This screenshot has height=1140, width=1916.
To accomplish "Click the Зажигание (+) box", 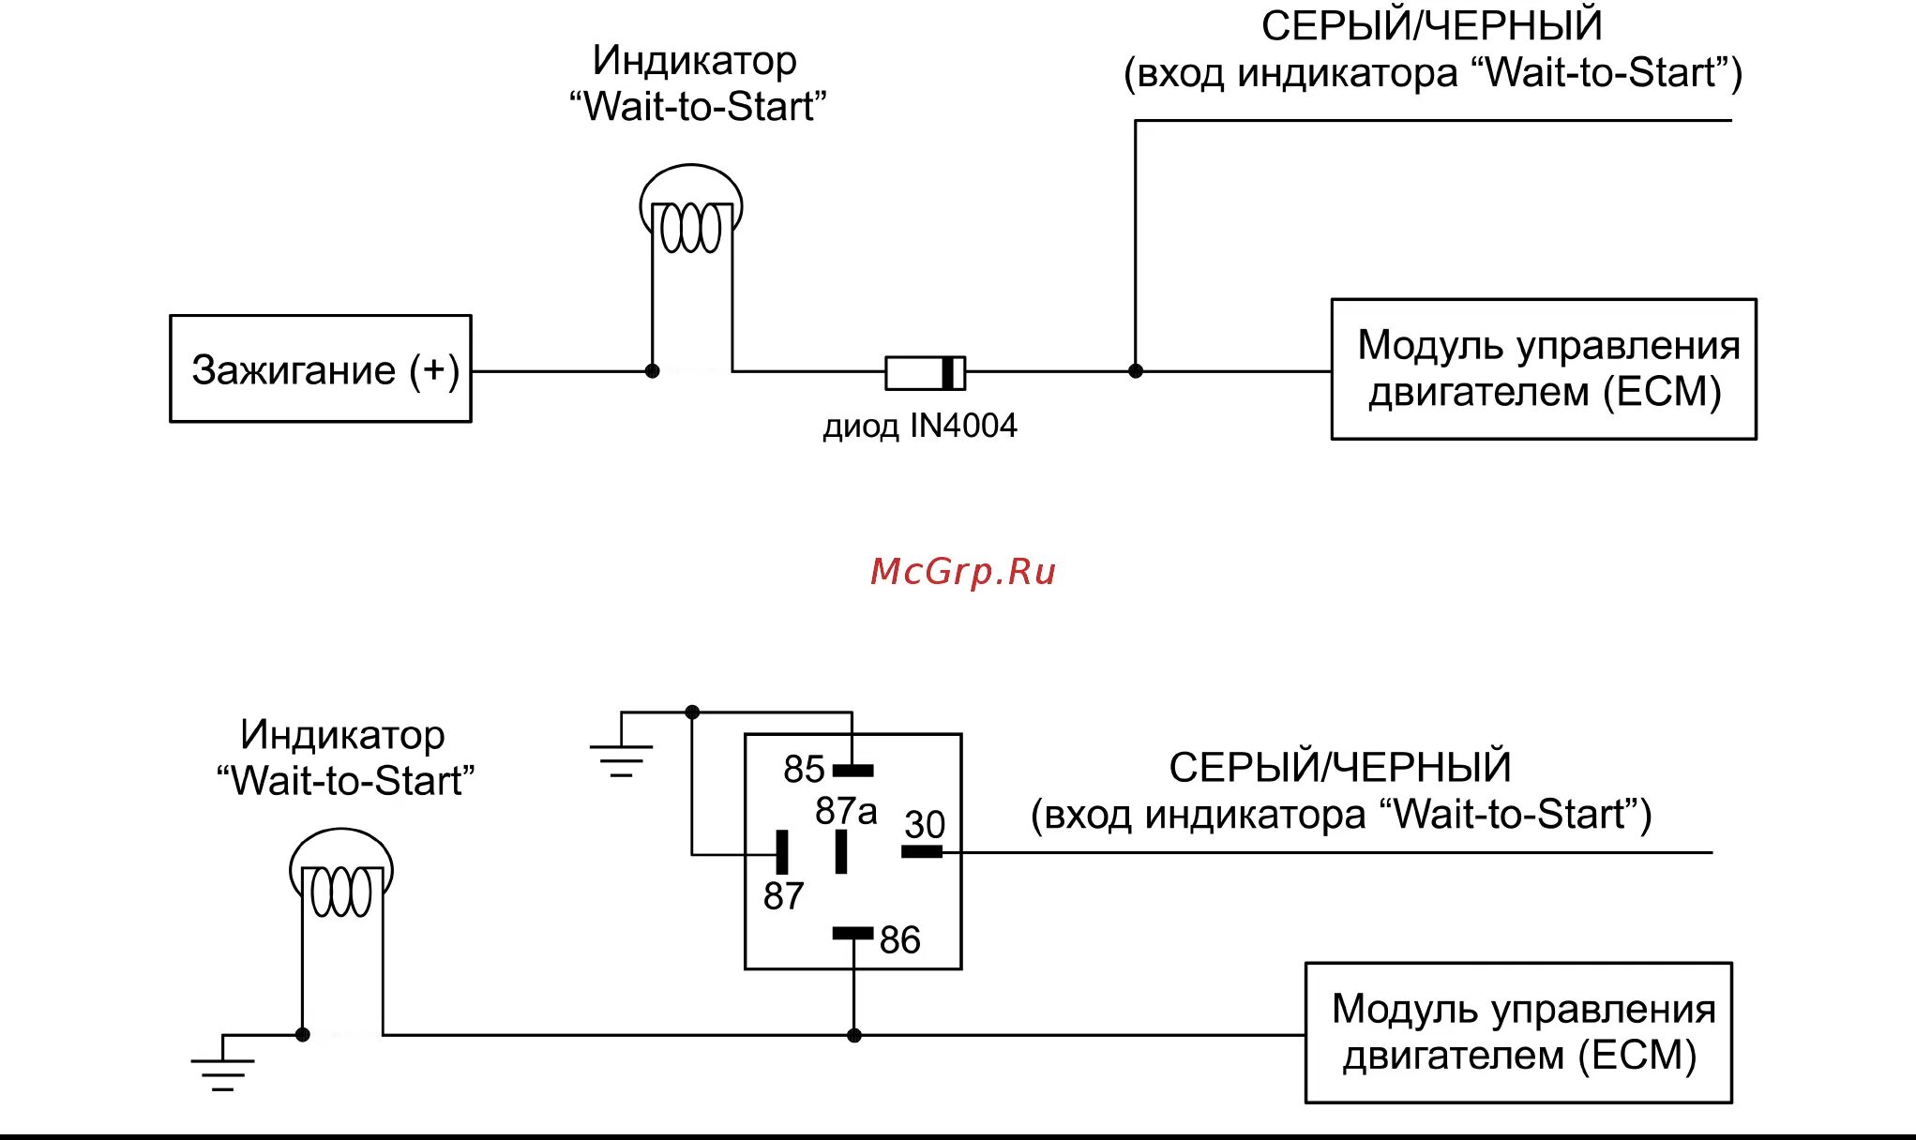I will (x=321, y=369).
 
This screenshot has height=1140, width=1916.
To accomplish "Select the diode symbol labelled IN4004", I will (x=925, y=372).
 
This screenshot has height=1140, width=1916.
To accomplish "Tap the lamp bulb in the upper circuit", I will (x=691, y=211).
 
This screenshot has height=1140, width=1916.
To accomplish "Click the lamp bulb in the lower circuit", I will (x=341, y=875).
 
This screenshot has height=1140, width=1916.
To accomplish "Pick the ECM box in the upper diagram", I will (x=1544, y=369).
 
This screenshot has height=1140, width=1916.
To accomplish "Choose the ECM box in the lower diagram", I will (x=1518, y=1032).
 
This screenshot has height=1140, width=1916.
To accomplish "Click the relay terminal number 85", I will (x=804, y=770).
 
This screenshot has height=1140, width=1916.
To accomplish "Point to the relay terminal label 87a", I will (x=846, y=811).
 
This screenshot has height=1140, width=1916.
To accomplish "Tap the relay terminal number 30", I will (x=925, y=825).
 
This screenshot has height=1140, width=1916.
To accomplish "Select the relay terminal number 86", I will (x=899, y=939).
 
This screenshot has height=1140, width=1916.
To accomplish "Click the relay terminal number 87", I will (x=783, y=896).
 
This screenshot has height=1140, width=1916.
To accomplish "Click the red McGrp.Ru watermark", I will (x=963, y=572).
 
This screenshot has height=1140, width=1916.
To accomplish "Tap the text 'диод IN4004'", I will (x=920, y=427).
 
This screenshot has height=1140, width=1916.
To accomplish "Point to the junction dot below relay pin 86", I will (x=853, y=1036).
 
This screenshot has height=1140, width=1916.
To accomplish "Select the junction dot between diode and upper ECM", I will (x=1135, y=371).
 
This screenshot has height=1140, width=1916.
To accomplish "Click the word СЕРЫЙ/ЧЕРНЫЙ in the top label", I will (x=1431, y=26).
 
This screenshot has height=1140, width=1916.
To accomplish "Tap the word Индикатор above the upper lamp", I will (x=695, y=61).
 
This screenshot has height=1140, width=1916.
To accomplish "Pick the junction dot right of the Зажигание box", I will (x=653, y=371).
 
